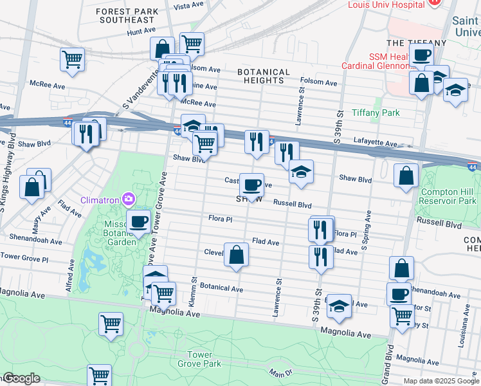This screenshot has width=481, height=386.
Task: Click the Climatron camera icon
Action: (x=130, y=199)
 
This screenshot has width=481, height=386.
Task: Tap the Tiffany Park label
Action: (x=376, y=113)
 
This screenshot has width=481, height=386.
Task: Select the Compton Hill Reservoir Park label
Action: (x=449, y=196)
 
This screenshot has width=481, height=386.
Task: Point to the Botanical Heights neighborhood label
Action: (x=264, y=76)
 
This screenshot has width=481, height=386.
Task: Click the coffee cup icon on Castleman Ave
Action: (x=251, y=185)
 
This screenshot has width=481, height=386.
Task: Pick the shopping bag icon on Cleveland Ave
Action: (x=237, y=254)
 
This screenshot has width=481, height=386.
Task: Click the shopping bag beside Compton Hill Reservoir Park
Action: (x=406, y=175)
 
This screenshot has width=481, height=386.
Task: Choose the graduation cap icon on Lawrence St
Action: (x=300, y=172)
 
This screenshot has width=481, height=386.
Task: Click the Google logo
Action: (x=21, y=378)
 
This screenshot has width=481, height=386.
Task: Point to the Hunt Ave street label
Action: (x=141, y=30)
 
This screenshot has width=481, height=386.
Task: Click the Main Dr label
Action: (x=282, y=371)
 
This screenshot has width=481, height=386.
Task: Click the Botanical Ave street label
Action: (x=221, y=289)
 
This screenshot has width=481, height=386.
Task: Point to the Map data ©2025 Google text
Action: (x=440, y=381)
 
